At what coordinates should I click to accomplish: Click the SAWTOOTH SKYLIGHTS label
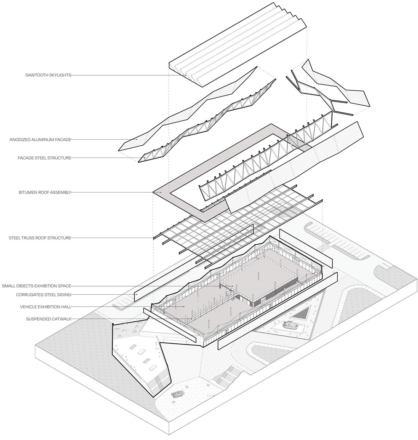point(48,75)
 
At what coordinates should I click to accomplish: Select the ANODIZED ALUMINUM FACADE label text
point(40,140)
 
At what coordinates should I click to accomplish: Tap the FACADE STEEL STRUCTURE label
point(44,158)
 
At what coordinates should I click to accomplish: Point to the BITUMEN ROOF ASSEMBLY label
point(45,192)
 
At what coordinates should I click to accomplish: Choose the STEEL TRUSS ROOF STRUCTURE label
point(40,238)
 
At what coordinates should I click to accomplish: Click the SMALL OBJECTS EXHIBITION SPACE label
point(36,286)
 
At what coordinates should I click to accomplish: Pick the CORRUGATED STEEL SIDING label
point(43,295)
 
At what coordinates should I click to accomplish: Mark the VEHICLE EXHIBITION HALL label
point(46,306)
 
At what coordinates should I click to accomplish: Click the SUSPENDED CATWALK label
point(48,319)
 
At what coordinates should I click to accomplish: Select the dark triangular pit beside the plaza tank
point(301,313)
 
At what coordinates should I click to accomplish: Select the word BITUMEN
point(28,192)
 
